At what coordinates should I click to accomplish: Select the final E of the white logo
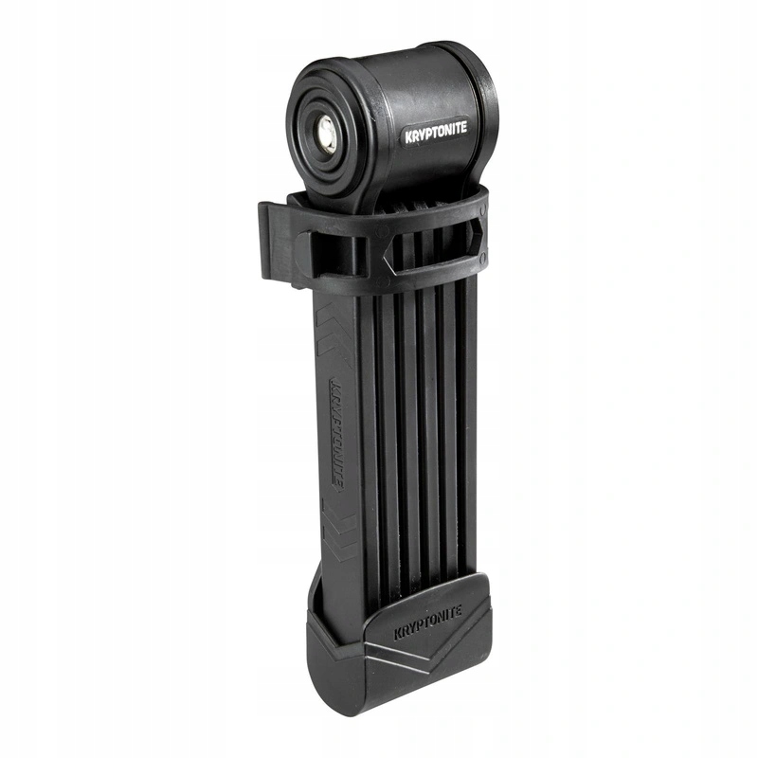pyautogui.click(x=463, y=131)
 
